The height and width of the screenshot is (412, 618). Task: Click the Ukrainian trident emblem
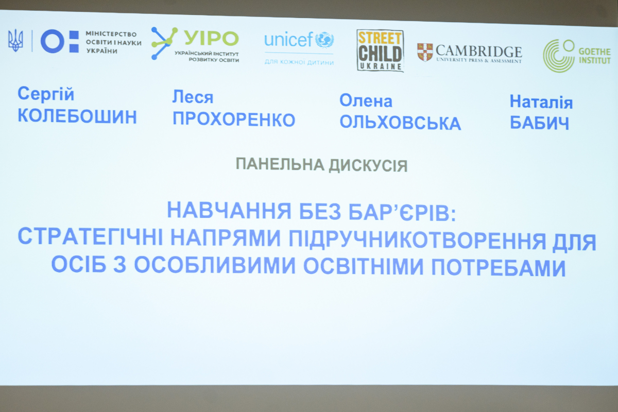(15, 40)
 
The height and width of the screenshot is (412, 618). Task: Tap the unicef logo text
(288, 40)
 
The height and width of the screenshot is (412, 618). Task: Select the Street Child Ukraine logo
(380, 50)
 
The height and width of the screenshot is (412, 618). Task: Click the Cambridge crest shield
(425, 52)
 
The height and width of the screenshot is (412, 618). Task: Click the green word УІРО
(211, 38)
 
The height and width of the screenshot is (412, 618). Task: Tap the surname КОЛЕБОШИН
(77, 116)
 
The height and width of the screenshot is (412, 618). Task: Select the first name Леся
(193, 97)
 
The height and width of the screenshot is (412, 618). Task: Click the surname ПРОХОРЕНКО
(234, 120)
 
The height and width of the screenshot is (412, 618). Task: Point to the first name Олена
(366, 100)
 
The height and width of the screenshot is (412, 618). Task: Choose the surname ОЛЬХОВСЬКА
(400, 123)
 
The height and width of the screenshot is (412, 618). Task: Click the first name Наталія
(541, 102)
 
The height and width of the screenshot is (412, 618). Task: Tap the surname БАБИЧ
(539, 123)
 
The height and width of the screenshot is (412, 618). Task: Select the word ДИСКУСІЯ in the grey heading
(368, 166)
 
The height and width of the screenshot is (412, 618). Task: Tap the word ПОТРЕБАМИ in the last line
(499, 267)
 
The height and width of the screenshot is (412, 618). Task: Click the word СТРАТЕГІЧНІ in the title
(91, 237)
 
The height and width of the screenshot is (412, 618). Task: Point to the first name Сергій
(46, 94)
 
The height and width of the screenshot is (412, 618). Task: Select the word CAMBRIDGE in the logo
(478, 51)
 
